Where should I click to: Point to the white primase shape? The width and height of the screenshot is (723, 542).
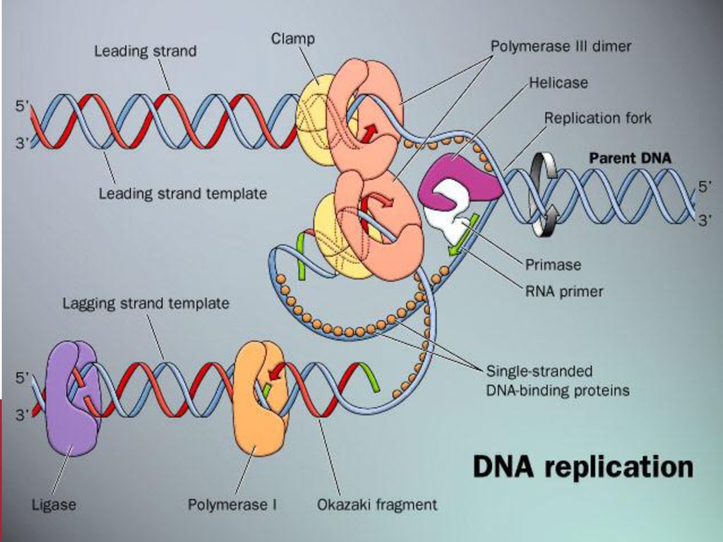coord(450,210)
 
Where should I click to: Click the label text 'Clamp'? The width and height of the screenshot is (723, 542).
coord(293,39)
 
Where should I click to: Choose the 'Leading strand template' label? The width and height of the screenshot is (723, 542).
coord(183,193)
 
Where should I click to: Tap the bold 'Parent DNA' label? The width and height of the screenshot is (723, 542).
coord(631,158)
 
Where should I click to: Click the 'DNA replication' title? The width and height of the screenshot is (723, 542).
coord(583,466)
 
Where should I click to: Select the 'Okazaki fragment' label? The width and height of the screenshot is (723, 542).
coord(377,505)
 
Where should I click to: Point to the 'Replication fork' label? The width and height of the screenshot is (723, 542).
coord(598,118)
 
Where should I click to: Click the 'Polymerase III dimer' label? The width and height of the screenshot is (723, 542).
coord(561,46)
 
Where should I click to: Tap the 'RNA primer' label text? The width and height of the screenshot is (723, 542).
coord(564,291)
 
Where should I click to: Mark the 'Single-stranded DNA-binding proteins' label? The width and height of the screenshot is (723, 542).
coord(558,380)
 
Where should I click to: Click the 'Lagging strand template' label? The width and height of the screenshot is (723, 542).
coord(145,303)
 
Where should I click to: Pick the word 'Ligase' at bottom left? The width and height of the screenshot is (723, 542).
coord(54,505)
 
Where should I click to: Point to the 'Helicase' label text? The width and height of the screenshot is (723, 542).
coord(558,83)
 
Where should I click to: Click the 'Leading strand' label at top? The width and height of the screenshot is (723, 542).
coord(145,51)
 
